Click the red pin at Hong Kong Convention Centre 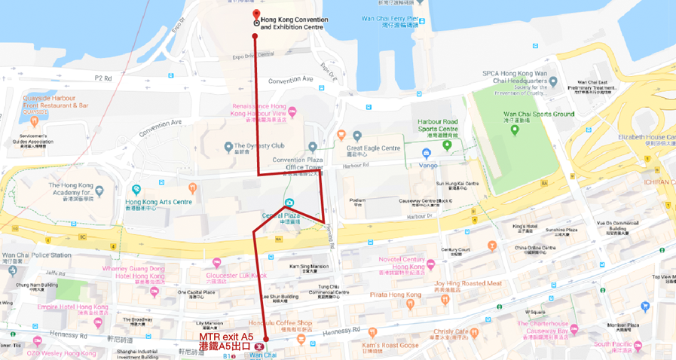coord(256,16)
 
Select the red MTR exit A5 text coord(226,337)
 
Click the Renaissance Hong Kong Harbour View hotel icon coord(292,113)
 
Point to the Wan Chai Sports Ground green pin coord(515,129)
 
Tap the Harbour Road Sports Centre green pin coord(448,145)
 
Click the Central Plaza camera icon coord(289,203)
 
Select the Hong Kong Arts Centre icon coord(136,190)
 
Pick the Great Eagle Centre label coord(374,148)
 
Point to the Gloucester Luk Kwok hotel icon coord(217,263)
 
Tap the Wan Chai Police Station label coord(36,255)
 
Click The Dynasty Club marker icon coord(228,146)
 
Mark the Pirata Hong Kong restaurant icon coord(409,304)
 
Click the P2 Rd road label coord(102,78)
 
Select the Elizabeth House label coord(647,137)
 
